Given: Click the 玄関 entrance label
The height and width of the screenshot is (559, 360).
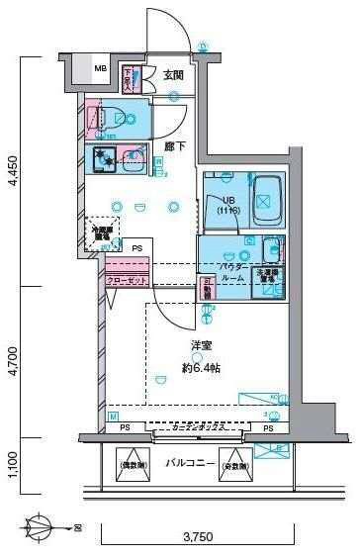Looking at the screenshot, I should [174, 74].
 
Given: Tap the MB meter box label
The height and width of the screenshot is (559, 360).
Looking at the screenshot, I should [101, 69].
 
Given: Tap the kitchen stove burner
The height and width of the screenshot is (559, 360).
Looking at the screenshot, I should [103, 157].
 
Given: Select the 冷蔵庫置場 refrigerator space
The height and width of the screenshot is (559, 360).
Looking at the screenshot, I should [103, 233].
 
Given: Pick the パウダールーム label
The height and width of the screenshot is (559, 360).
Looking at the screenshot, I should [234, 274].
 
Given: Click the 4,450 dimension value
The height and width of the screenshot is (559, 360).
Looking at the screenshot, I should [12, 172].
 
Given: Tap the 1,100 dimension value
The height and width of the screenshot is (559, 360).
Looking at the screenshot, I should [12, 464].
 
